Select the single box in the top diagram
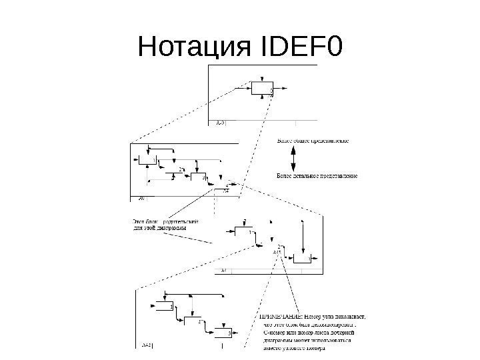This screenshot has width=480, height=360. click(262, 88)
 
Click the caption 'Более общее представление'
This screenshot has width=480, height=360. click(311, 141)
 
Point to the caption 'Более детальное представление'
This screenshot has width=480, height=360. click(317, 176)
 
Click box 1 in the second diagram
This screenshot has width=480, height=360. click(147, 161)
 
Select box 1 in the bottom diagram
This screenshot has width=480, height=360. click(163, 307)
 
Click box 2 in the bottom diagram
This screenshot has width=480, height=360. click(191, 323)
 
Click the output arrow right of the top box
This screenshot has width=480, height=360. click(282, 87)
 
